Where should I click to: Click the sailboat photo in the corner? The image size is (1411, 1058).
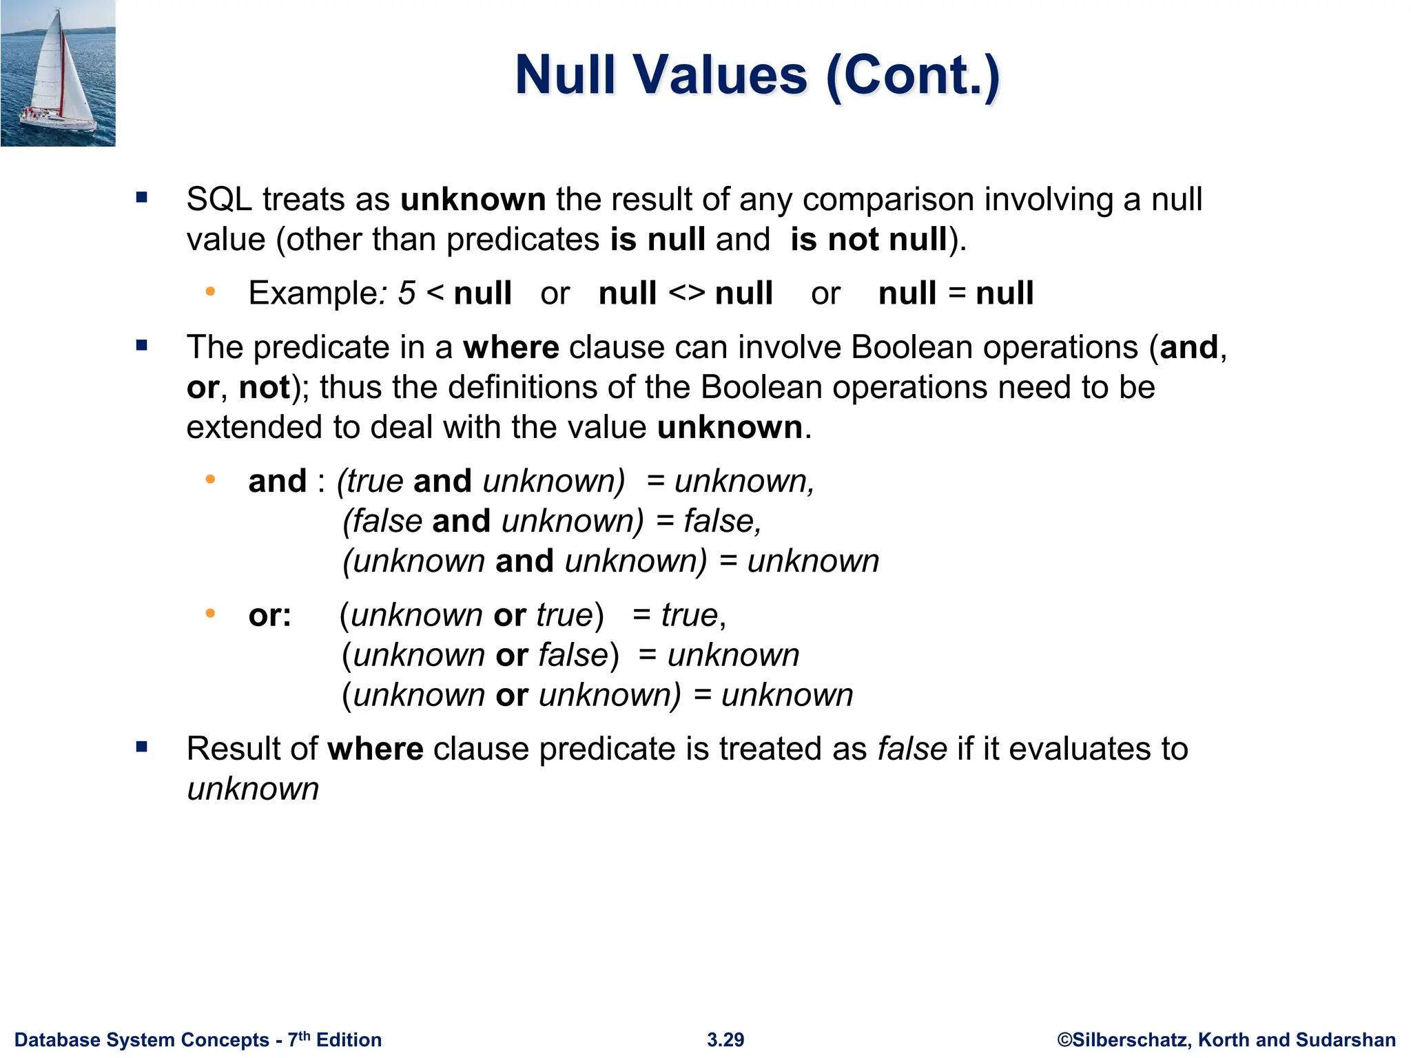pyautogui.click(x=58, y=73)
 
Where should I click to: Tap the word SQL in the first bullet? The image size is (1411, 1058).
pyautogui.click(x=219, y=200)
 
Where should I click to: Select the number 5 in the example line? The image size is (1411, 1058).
pyautogui.click(x=406, y=293)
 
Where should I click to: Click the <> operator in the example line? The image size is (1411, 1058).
pyautogui.click(x=686, y=293)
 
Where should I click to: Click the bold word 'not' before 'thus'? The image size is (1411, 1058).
pyautogui.click(x=265, y=388)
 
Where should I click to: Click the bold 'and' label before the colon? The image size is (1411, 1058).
pyautogui.click(x=277, y=481)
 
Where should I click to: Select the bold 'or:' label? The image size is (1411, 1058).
pyautogui.click(x=269, y=615)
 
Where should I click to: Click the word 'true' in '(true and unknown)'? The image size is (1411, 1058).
pyautogui.click(x=375, y=481)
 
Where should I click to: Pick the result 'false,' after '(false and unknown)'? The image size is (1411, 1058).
pyautogui.click(x=722, y=521)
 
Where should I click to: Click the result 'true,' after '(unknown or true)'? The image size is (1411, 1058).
pyautogui.click(x=693, y=615)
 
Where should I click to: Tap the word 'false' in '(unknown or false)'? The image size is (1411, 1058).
pyautogui.click(x=573, y=655)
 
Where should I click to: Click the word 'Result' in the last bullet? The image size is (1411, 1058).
pyautogui.click(x=252, y=749)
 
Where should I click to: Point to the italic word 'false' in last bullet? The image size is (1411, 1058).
pyautogui.click(x=912, y=749)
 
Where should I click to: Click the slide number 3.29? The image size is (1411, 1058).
pyautogui.click(x=725, y=1040)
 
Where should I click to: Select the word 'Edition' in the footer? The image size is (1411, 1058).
pyautogui.click(x=349, y=1040)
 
